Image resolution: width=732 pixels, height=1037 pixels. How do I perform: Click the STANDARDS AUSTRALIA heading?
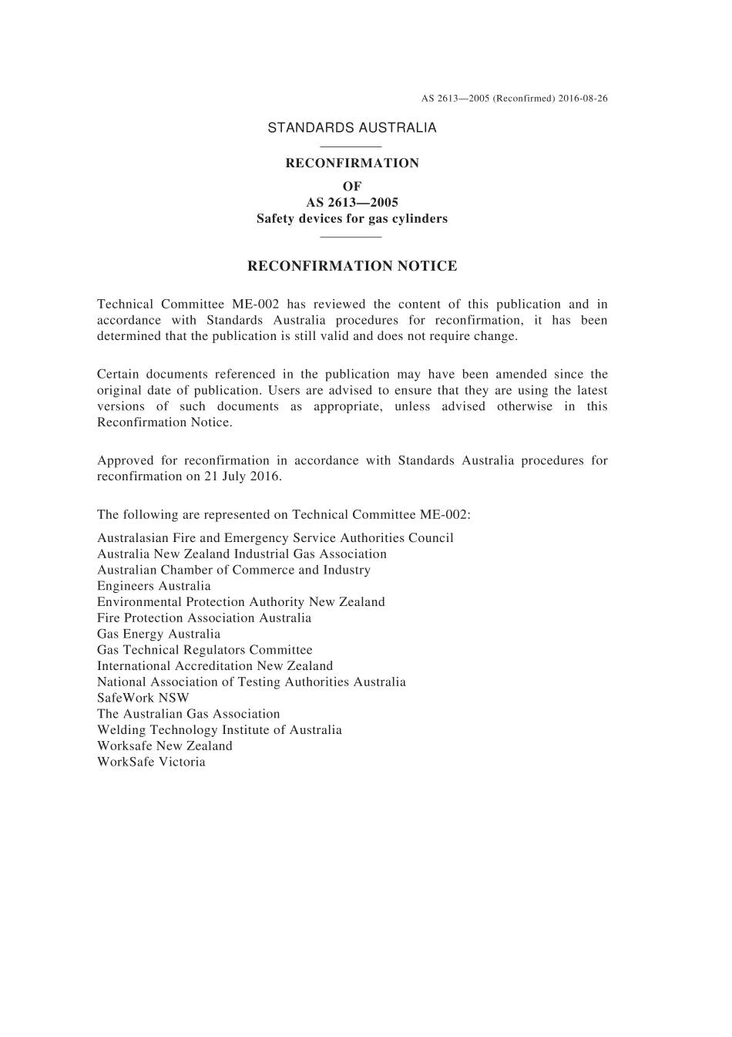351,128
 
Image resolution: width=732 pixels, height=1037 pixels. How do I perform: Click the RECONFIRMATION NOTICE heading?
351,266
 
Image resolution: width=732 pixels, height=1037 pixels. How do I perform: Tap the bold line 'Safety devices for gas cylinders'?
351,218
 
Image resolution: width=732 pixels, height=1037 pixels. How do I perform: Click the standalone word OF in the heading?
351,186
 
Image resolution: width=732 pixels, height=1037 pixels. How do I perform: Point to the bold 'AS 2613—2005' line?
351,202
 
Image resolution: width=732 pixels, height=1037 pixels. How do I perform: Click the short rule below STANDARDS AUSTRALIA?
351,146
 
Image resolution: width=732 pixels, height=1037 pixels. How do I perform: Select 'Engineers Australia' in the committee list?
153,586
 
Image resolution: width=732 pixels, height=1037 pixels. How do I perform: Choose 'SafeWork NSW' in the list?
143,698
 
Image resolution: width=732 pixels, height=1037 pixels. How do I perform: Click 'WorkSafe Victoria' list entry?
151,762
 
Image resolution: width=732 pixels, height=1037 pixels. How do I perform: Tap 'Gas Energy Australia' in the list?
158,634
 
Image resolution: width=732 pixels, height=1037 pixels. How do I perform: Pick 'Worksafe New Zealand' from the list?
164,746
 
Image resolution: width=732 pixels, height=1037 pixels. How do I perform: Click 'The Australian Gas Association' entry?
188,714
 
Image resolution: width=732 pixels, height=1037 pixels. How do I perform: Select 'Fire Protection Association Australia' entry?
204,618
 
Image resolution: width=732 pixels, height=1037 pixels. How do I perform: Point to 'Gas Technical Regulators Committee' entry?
204,650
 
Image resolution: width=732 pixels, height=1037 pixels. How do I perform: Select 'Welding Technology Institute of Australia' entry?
219,729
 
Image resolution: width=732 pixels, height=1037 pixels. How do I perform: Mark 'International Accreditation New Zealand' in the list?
215,666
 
